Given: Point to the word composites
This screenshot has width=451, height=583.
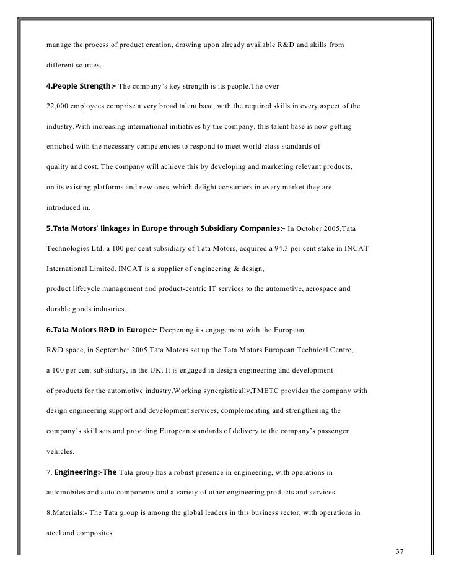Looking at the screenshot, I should coord(85,532).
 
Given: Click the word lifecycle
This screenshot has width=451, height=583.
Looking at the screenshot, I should coord(89,289).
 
